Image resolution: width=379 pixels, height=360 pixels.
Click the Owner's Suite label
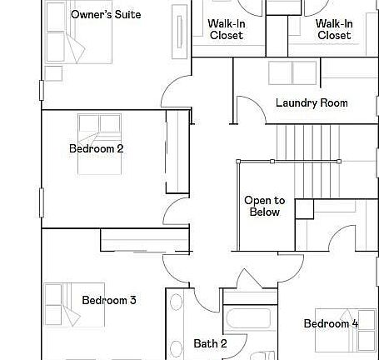tap(106, 15)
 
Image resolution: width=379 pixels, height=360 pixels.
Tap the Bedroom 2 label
tap(97, 149)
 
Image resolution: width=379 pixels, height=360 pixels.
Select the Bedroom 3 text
tap(109, 300)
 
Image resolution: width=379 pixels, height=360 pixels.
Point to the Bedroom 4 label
tap(331, 323)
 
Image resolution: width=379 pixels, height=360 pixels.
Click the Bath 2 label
tap(210, 343)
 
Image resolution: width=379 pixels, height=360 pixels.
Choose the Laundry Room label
tap(312, 103)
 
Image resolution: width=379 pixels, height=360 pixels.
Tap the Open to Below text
tap(264, 206)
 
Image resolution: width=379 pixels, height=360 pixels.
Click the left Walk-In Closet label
tap(226, 29)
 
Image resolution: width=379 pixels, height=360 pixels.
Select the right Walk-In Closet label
tap(333, 29)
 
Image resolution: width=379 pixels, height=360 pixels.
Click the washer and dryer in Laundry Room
tap(292, 72)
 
